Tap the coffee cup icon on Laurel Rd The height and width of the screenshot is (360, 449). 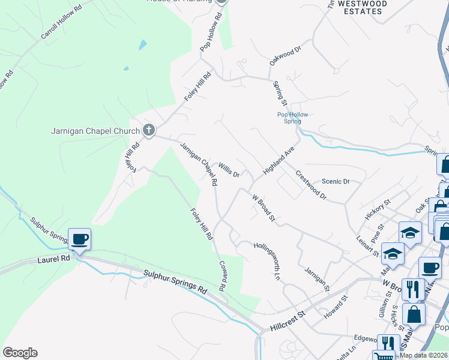click(80, 239)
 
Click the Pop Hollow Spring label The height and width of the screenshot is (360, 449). click(288, 117)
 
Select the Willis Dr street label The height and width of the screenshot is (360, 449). click(229, 170)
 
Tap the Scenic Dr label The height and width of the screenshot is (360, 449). click(336, 181)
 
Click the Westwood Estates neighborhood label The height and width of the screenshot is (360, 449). click(362, 7)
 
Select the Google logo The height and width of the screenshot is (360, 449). click(20, 353)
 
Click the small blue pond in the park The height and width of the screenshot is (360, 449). click(142, 44)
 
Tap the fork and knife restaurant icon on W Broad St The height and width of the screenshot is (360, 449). click(413, 290)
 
